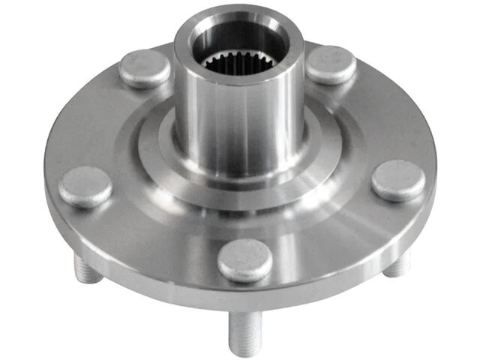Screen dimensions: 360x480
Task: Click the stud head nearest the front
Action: tap(244, 260)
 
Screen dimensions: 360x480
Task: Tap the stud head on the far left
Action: tap(85, 186)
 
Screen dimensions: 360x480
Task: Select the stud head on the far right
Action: tap(398, 181)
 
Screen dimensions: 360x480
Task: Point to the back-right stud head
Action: tap(331, 65)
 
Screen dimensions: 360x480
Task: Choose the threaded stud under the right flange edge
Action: tap(397, 263)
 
